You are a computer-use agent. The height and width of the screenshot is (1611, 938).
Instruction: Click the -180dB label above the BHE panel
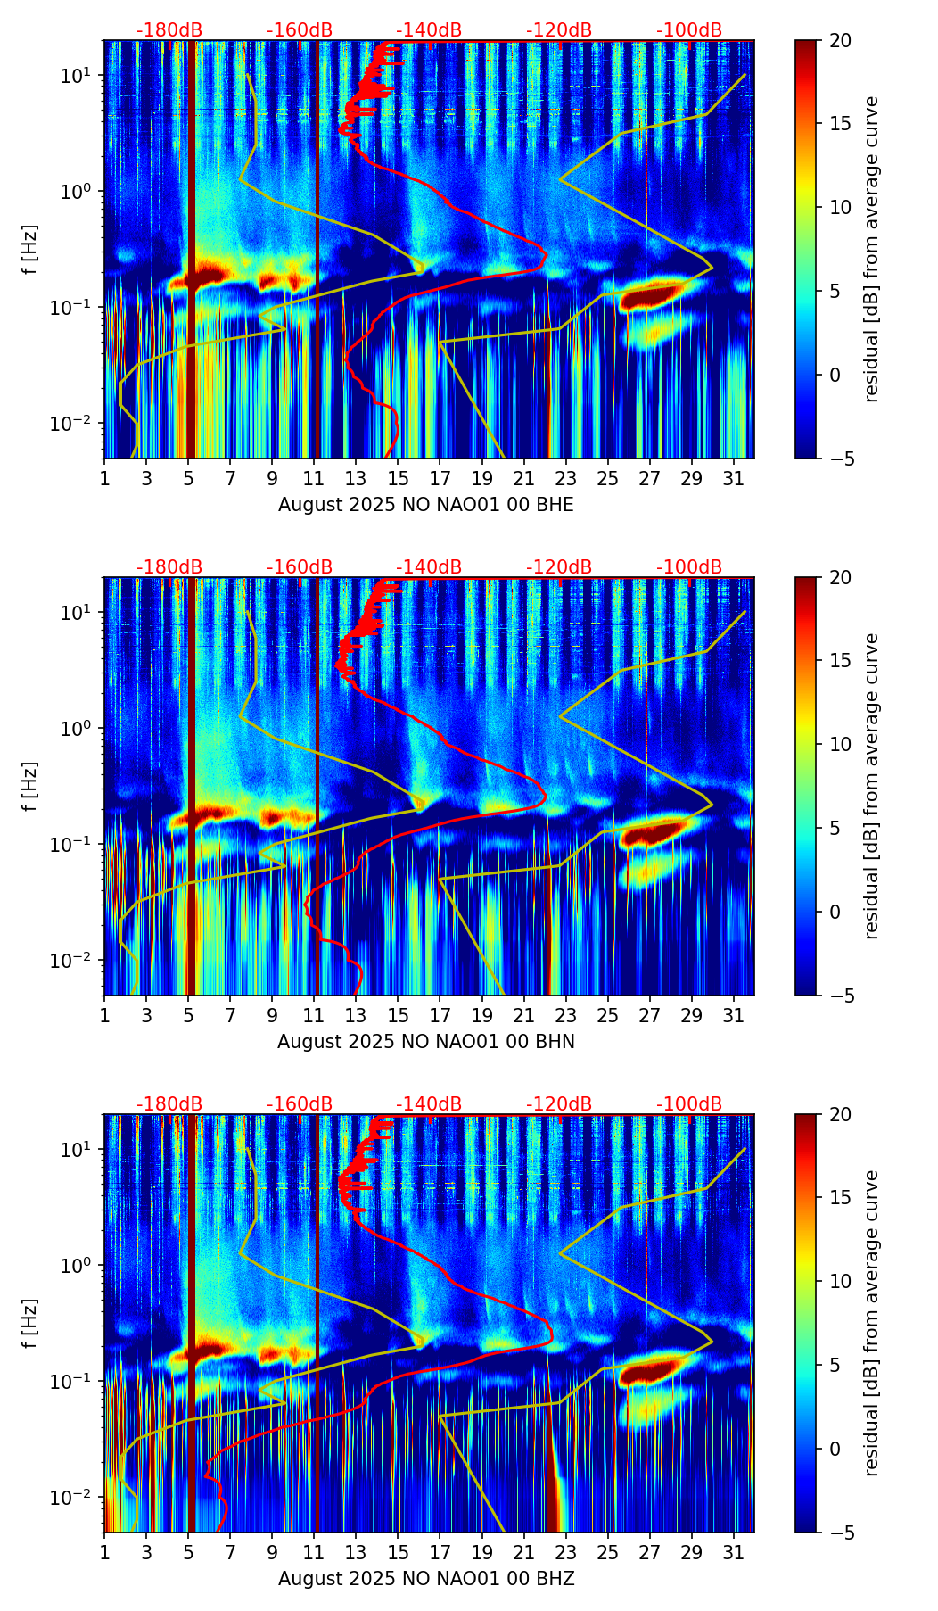169,30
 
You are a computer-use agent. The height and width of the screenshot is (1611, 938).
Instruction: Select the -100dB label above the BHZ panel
689,1104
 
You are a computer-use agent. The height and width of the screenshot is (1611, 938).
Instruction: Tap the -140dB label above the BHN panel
429,567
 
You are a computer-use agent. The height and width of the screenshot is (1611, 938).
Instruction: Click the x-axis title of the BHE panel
426,505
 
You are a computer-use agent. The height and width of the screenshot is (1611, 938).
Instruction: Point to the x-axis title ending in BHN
426,1042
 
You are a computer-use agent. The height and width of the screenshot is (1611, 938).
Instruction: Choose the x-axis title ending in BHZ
426,1579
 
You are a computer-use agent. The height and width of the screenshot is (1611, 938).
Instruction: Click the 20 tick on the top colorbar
840,40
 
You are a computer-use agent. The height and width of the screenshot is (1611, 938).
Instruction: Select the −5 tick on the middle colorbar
840,996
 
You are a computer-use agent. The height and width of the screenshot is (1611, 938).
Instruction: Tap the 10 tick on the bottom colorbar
840,1281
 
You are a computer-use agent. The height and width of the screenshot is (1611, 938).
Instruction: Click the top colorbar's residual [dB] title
871,249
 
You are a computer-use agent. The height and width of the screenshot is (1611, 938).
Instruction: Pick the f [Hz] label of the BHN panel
30,786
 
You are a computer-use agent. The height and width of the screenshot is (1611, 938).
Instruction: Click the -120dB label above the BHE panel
559,30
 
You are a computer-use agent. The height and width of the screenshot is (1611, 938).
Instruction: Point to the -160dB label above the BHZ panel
300,1104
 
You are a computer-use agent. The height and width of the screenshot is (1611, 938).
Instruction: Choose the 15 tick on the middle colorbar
840,661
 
